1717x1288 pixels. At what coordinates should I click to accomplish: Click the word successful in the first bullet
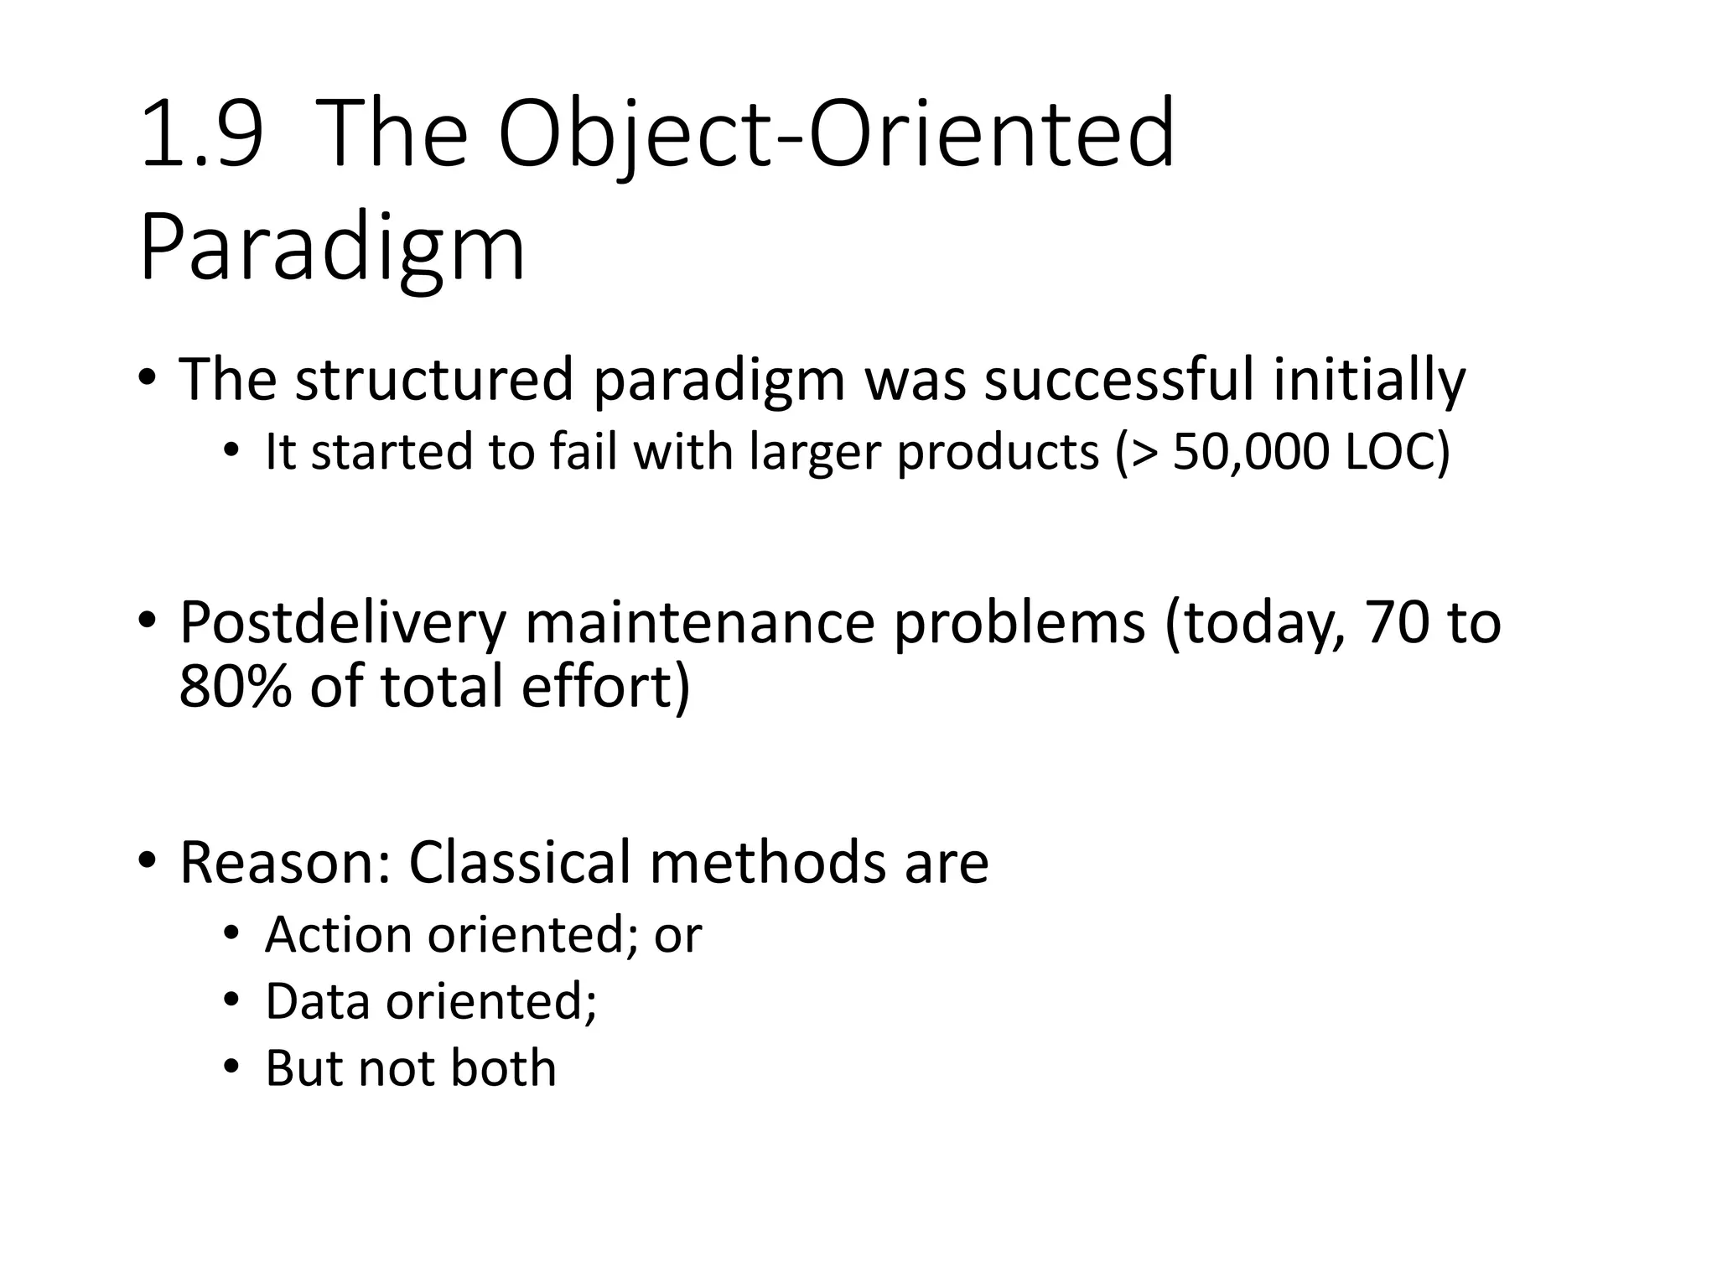click(x=1118, y=380)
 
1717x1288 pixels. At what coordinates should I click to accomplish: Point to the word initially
click(x=1369, y=380)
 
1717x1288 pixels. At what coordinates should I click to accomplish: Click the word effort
click(x=597, y=687)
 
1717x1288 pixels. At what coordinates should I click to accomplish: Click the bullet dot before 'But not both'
click(x=231, y=1068)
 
